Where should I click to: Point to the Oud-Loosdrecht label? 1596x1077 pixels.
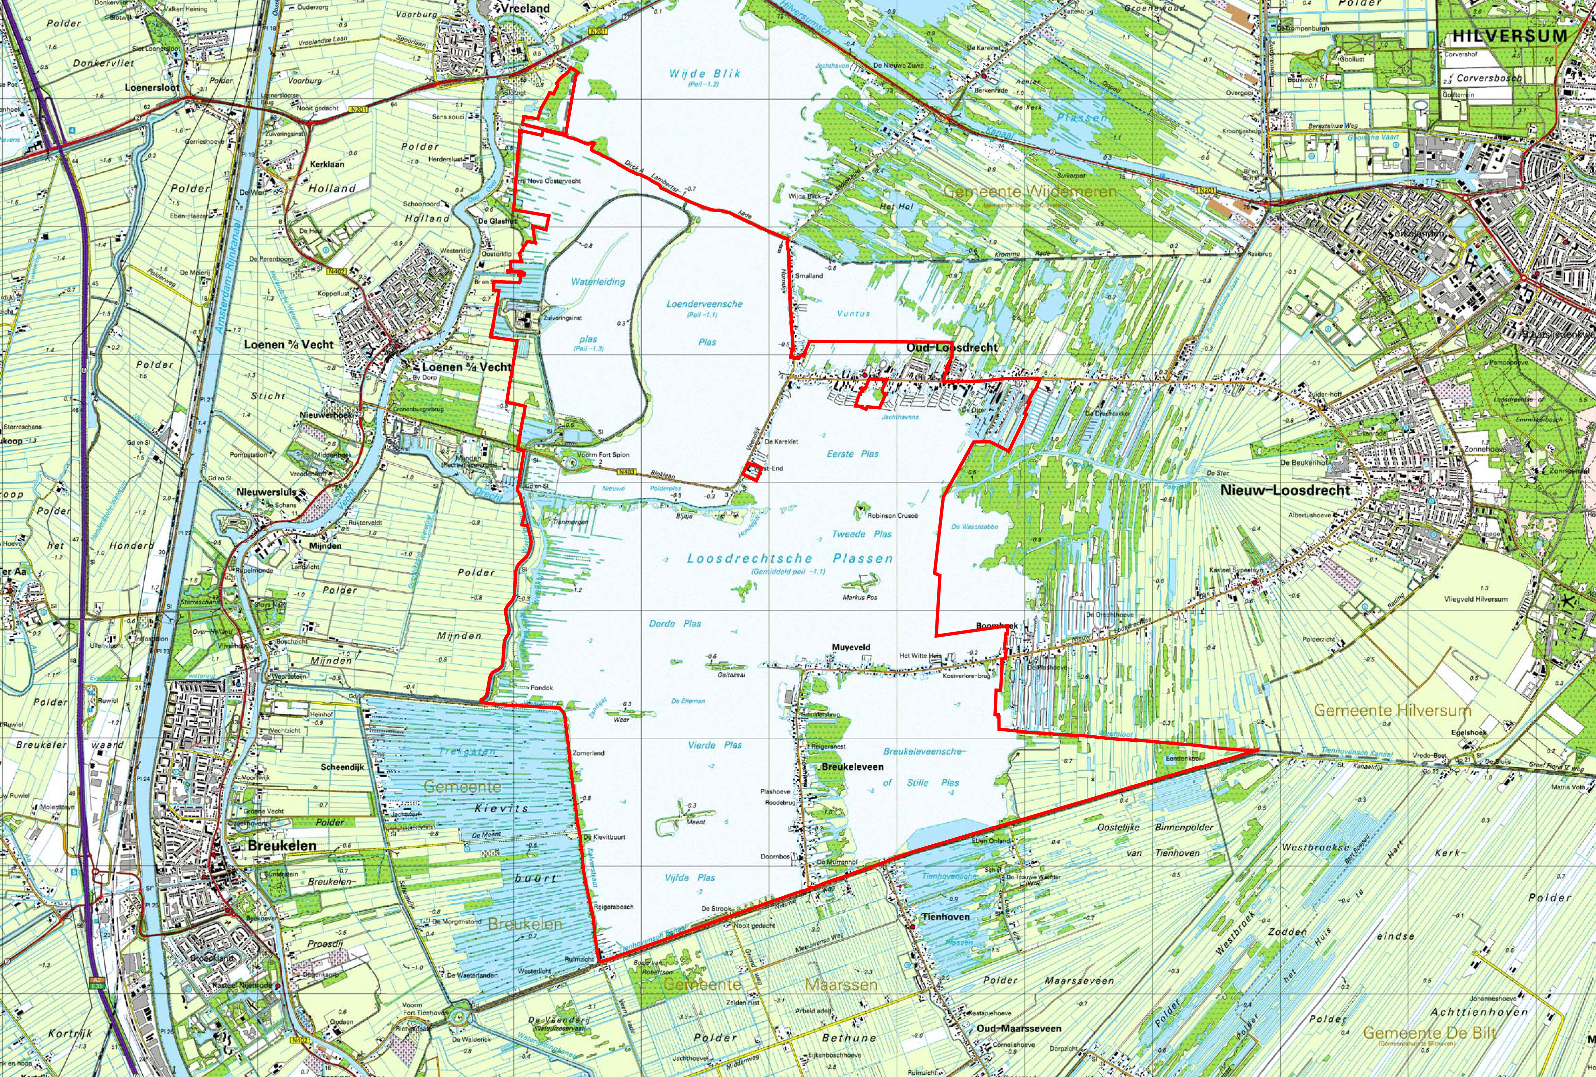tap(952, 348)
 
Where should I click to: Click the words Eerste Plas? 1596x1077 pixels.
tap(852, 454)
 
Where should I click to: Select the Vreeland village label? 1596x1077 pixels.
tap(526, 8)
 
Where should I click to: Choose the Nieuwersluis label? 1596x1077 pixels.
tap(266, 492)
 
